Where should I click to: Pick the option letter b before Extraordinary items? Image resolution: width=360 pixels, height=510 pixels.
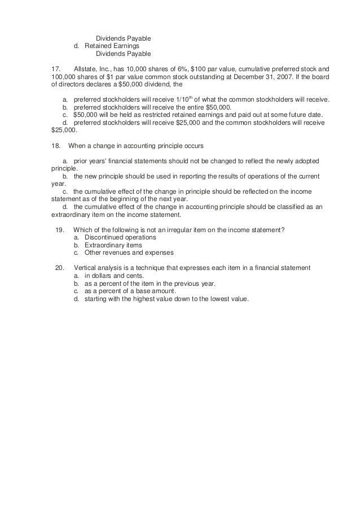[76, 245]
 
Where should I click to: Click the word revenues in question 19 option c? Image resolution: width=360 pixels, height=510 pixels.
[118, 252]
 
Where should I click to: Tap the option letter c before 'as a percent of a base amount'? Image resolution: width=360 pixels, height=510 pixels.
[76, 291]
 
